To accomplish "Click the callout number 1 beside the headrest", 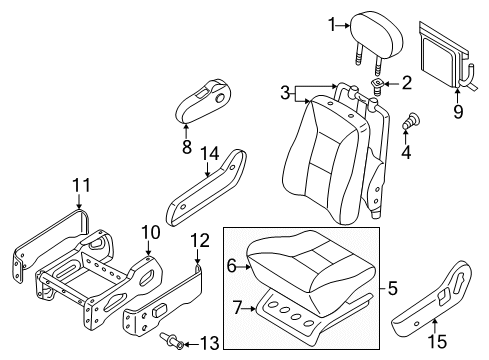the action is [332, 25].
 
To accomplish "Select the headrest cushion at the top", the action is [377, 39].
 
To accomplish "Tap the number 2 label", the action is [407, 83].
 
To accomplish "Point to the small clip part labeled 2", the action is [377, 86].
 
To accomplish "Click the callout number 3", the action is [285, 93].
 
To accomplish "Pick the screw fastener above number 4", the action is [412, 121].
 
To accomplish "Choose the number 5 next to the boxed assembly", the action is [393, 288].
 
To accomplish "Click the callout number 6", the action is [232, 266].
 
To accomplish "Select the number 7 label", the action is [237, 307].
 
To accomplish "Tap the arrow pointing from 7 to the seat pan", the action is [249, 309].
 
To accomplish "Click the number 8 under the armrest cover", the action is [187, 146].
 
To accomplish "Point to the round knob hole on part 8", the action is [220, 98].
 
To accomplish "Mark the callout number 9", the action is [458, 111].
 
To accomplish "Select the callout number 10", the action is [151, 232].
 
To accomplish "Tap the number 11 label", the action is [82, 185].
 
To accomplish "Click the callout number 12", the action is [200, 240].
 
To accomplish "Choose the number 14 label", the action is [210, 154].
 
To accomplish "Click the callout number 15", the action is [437, 342].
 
